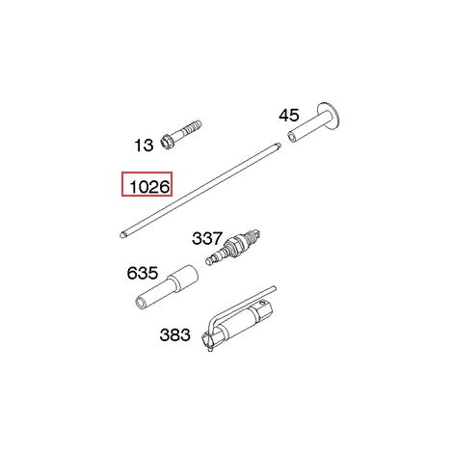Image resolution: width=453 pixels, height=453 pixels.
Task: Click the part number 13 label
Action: (x=144, y=146)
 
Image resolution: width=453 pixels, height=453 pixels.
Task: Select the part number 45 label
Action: (x=289, y=116)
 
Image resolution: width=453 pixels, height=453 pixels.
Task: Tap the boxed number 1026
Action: (x=149, y=187)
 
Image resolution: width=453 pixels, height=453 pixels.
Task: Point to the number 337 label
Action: (x=207, y=238)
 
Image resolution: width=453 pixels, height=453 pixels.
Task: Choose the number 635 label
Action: (x=143, y=273)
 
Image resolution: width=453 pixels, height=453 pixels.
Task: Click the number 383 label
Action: (x=175, y=334)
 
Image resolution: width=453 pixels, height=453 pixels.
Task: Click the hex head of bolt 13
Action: (x=168, y=143)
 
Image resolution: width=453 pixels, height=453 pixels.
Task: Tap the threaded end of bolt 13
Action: (x=194, y=126)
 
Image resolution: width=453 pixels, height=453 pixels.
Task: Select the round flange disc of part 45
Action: (x=329, y=116)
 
